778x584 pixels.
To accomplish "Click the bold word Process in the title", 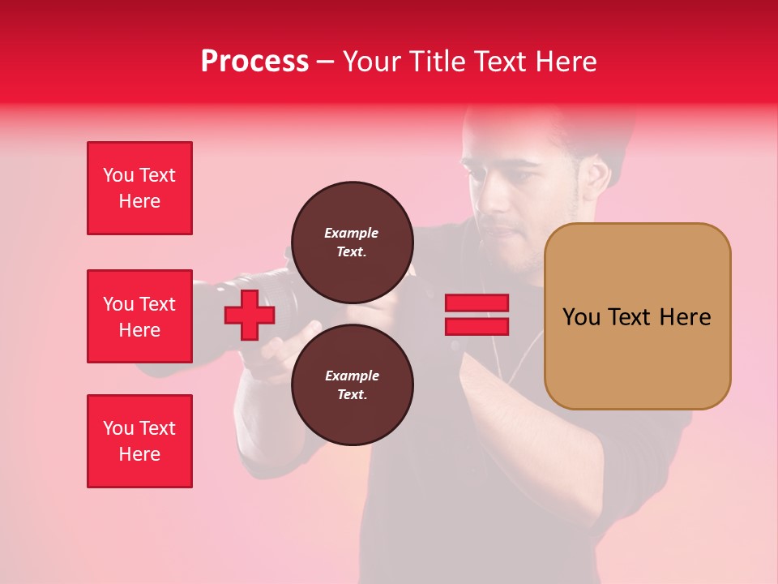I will tap(254, 62).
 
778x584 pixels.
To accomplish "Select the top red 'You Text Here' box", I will tap(139, 188).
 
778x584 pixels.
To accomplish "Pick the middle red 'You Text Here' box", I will tap(139, 316).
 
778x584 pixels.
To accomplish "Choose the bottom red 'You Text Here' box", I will tap(139, 441).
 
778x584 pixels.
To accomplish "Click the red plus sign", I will tap(250, 316).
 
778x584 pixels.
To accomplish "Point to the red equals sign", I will tap(477, 315).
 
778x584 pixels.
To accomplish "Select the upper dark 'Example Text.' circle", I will tap(352, 242).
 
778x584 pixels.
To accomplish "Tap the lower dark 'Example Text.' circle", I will tap(352, 384).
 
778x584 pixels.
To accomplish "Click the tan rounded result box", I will tap(637, 316).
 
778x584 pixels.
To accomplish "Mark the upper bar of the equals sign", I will tap(477, 303).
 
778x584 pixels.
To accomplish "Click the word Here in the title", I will tap(567, 62).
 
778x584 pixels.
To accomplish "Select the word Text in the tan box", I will tap(635, 316).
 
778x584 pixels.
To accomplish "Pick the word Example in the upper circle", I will tap(352, 233).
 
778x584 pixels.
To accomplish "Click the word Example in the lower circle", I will tap(352, 376).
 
